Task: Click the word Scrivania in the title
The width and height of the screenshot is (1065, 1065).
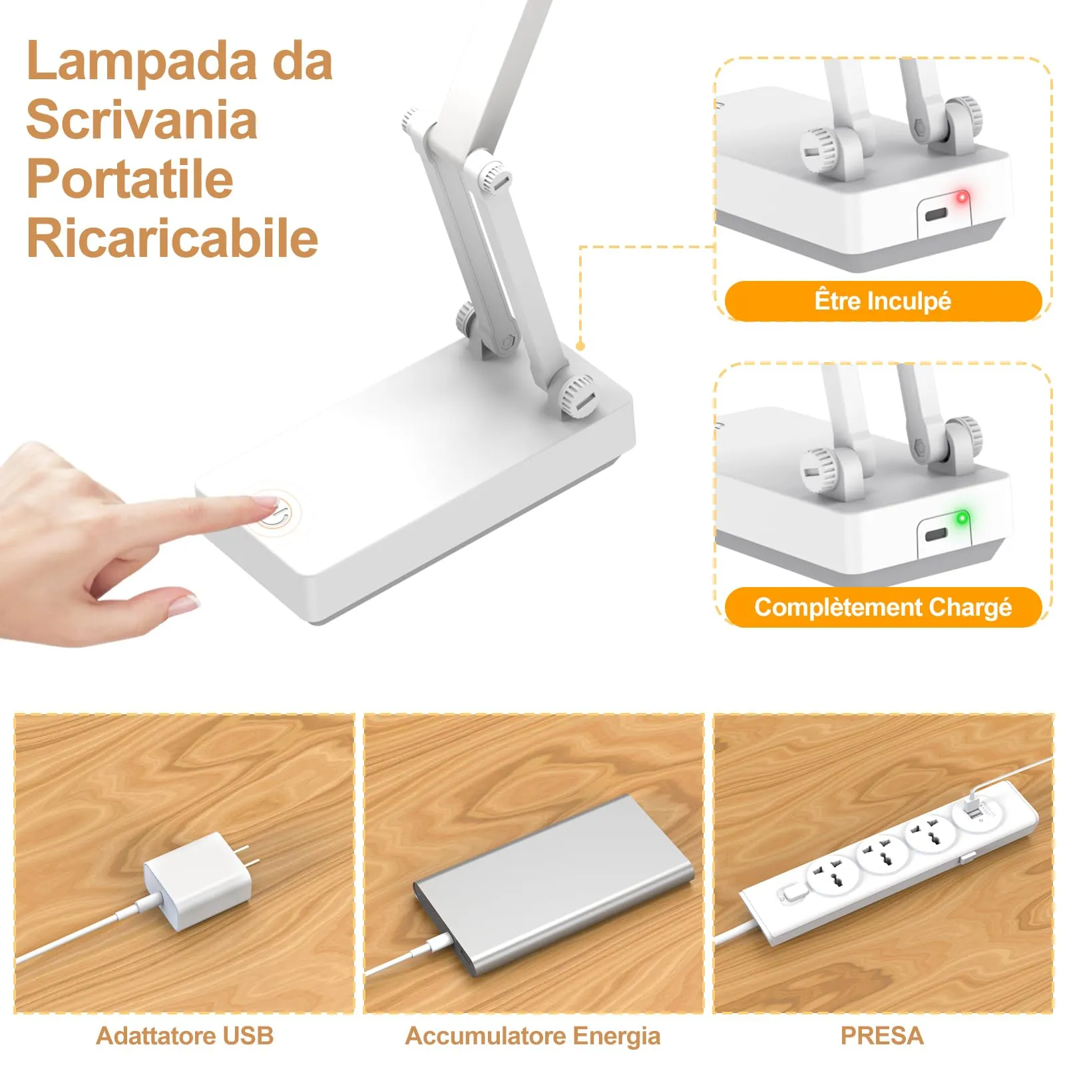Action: pos(142,120)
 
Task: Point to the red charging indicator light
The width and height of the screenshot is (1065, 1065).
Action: pos(961,198)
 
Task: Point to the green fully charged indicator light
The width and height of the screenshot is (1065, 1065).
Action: pos(961,517)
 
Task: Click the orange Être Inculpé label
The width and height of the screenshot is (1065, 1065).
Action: pos(883,301)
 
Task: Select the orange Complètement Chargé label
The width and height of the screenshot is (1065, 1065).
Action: pos(883,607)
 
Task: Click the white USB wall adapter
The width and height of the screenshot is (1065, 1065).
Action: pos(196,880)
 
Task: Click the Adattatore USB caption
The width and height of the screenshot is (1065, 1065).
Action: pos(184,1036)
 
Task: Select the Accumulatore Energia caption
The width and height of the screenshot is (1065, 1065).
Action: pos(532,1036)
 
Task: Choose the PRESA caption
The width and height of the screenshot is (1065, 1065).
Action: pos(882,1036)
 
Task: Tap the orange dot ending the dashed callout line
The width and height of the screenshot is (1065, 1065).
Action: pos(580,346)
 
